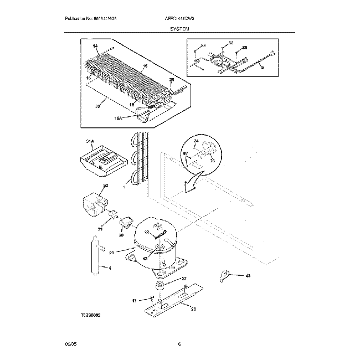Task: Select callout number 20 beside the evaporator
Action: pyautogui.click(x=171, y=80)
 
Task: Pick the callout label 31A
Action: pyautogui.click(x=90, y=142)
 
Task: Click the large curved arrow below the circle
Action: pyautogui.click(x=192, y=183)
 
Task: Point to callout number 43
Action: pyautogui.click(x=248, y=276)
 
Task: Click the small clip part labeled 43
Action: pyautogui.click(x=225, y=274)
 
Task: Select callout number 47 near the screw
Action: pyautogui.click(x=134, y=301)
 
